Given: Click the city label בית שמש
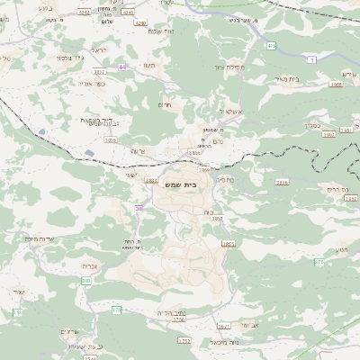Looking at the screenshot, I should (x=182, y=184).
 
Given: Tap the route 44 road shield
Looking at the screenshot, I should (x=121, y=66).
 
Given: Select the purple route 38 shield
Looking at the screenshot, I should (x=139, y=208).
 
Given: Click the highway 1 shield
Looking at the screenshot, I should (x=312, y=59).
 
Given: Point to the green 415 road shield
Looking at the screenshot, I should (x=272, y=44).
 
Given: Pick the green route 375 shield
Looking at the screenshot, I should (x=319, y=263).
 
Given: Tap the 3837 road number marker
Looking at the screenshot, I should (x=99, y=71).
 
